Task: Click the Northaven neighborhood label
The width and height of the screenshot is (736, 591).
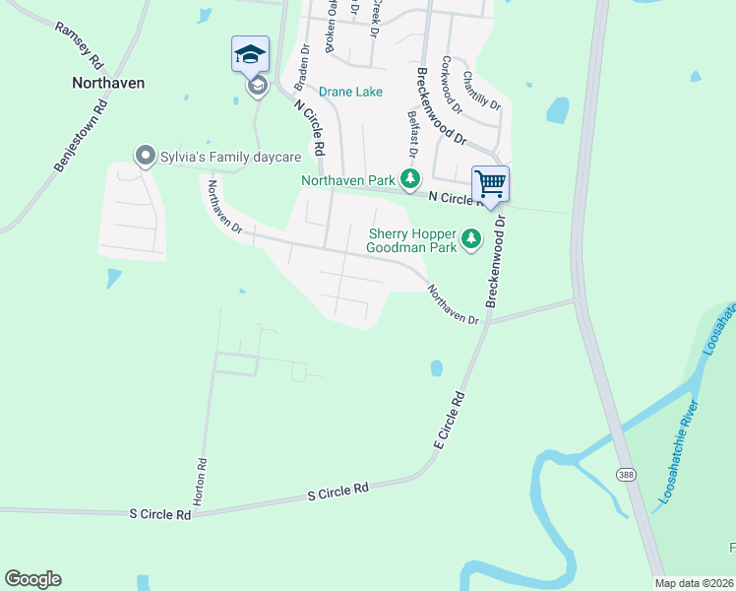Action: (108, 83)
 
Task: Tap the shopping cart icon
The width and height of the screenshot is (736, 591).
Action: (490, 183)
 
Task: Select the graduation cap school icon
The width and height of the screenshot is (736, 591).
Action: (250, 53)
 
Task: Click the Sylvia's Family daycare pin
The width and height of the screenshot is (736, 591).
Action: (145, 156)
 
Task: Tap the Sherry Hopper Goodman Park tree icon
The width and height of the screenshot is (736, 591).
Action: (472, 237)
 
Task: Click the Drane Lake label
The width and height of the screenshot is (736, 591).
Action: (350, 92)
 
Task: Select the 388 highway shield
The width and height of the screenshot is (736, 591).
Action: (626, 476)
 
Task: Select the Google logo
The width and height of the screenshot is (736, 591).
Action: (32, 579)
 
